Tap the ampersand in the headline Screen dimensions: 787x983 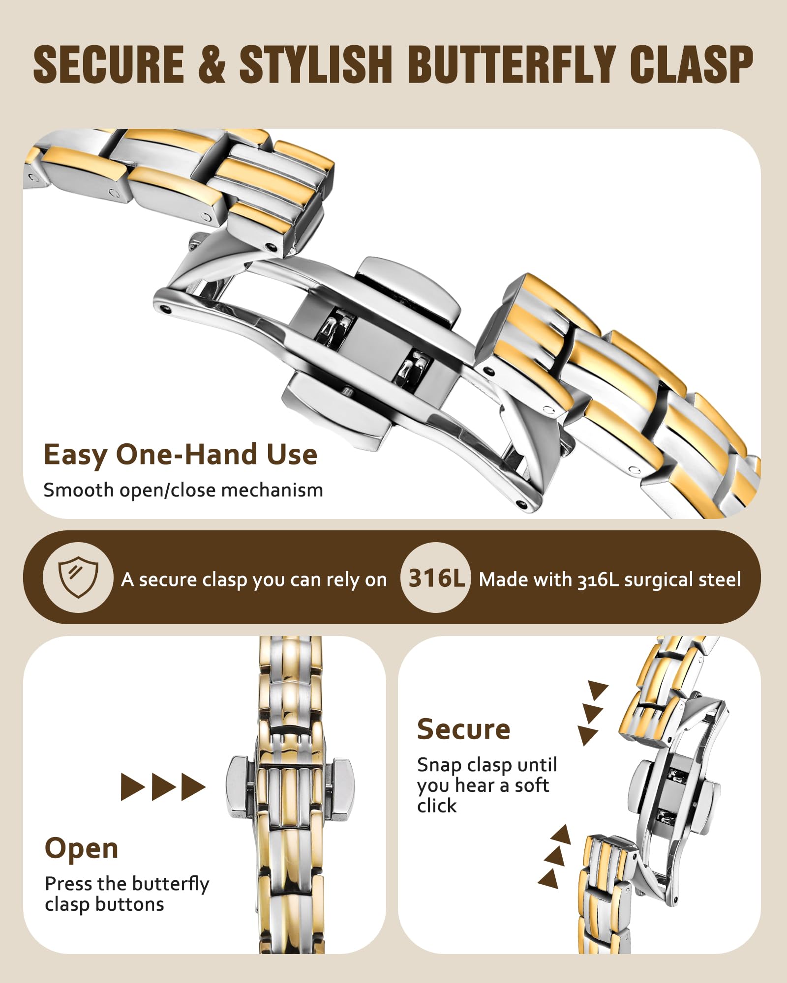point(212,64)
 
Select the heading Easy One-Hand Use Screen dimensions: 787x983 point(181,455)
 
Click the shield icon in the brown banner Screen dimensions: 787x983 point(78,577)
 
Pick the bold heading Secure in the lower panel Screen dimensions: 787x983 point(463,729)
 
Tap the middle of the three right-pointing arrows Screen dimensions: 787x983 point(163,786)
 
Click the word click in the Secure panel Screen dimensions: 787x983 point(437,806)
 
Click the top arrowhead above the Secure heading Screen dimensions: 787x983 point(597,690)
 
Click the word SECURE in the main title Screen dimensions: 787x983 point(109,64)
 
